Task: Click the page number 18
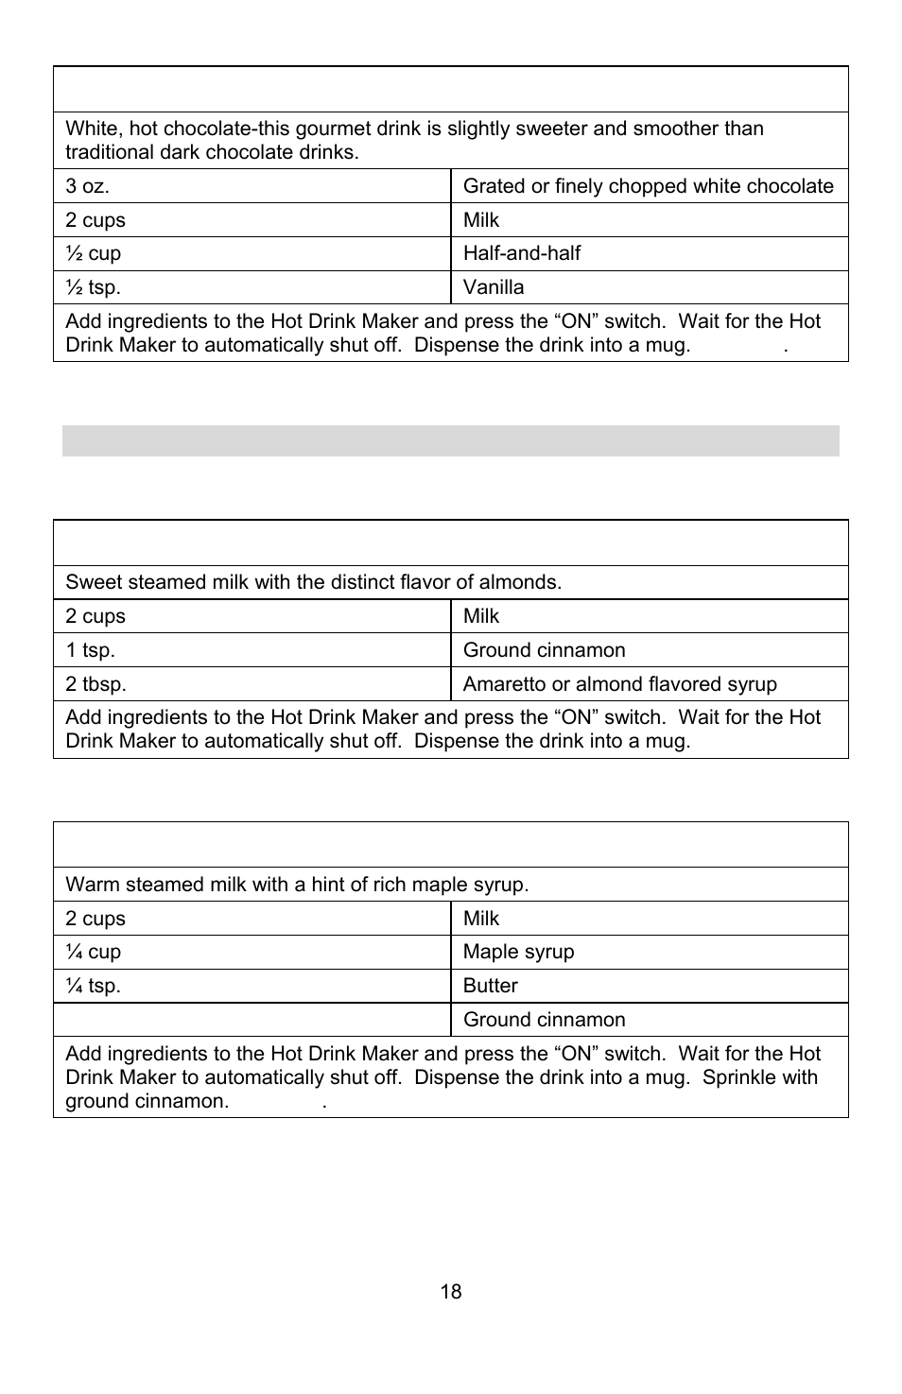(x=450, y=1292)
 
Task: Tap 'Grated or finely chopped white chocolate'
(x=648, y=186)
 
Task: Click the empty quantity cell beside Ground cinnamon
(x=252, y=1020)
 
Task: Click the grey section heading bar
(x=450, y=440)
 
